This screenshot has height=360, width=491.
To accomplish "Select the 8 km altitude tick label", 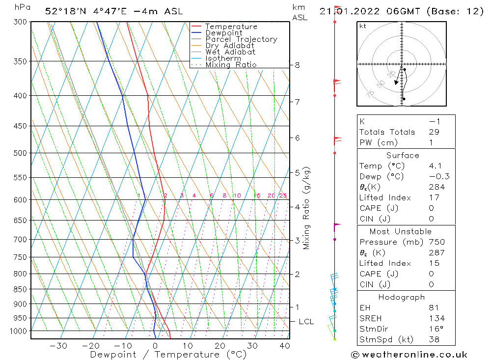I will click(297, 65).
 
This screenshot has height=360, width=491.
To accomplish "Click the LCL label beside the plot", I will click(306, 322).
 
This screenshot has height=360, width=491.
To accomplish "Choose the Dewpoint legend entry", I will click(223, 33).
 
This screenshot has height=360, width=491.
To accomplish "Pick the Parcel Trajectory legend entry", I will click(241, 39).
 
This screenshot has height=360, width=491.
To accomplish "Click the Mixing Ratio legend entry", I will click(231, 64).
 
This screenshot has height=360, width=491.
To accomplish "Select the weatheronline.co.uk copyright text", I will click(409, 354).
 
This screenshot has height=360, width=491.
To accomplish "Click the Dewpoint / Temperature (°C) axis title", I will click(168, 355).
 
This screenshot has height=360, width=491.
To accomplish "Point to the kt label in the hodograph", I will click(362, 26).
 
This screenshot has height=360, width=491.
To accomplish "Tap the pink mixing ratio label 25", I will click(283, 195).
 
